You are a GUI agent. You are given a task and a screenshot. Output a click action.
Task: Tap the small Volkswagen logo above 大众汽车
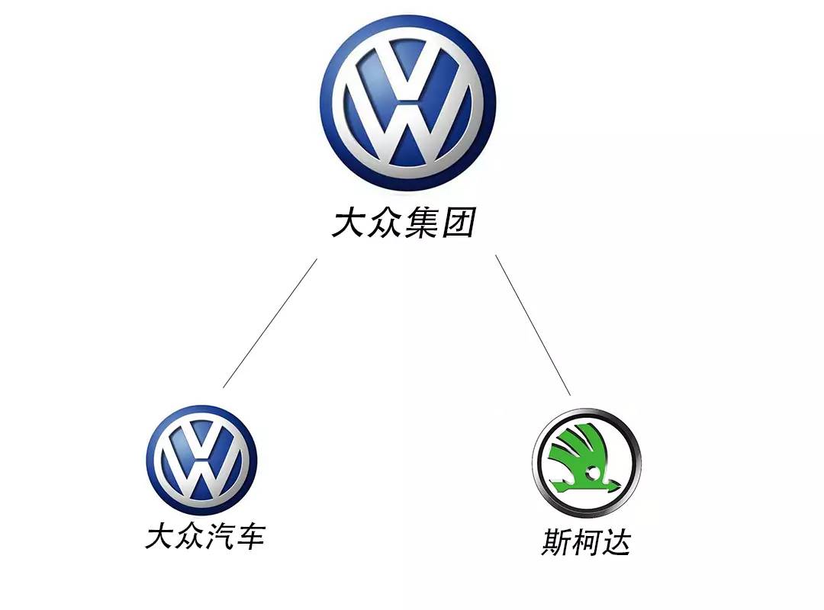point(201,461)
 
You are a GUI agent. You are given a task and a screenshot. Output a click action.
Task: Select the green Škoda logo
point(586,462)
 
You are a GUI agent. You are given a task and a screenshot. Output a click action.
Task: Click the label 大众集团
point(404,224)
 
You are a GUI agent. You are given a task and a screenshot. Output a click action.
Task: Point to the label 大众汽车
point(204,536)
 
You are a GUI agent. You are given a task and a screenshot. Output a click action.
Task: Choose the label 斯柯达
point(586,543)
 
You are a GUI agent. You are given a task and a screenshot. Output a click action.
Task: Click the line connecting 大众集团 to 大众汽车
point(269,323)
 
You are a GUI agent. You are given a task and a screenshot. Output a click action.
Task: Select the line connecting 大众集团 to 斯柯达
point(533,325)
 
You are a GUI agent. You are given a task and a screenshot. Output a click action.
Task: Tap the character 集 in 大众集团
point(421,224)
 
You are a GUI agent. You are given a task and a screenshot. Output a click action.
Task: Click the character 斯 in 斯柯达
point(556,543)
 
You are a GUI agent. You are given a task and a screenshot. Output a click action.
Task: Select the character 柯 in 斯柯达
point(586,543)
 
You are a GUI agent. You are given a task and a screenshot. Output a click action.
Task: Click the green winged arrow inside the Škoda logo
point(583,457)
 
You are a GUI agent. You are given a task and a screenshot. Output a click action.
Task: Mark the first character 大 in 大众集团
point(349,224)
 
